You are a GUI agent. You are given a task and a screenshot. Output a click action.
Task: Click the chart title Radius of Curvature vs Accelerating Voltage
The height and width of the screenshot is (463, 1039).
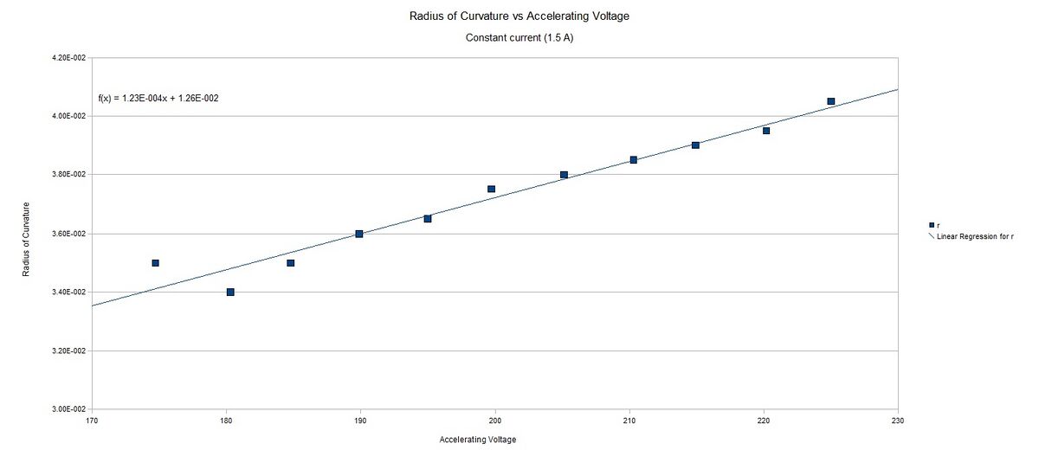(x=519, y=16)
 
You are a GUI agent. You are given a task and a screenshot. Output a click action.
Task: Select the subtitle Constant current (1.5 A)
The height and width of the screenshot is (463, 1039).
(x=519, y=38)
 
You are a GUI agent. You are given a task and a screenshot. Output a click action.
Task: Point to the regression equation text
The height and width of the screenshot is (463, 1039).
(x=158, y=98)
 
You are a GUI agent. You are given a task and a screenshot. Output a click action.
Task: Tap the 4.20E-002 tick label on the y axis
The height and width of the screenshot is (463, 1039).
(x=69, y=58)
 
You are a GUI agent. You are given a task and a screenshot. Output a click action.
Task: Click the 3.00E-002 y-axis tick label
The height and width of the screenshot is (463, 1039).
(x=69, y=409)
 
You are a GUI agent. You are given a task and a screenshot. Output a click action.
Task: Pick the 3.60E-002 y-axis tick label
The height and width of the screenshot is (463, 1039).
(x=69, y=234)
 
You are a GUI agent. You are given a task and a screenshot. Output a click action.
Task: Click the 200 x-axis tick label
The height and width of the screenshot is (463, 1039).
(x=495, y=421)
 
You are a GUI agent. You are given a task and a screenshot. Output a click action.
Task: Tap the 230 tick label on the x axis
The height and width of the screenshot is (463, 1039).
(x=898, y=421)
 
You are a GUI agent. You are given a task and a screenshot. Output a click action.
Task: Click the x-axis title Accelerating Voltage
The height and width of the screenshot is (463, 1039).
(x=478, y=440)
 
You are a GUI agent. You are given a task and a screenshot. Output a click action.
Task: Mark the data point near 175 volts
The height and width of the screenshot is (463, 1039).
(x=156, y=262)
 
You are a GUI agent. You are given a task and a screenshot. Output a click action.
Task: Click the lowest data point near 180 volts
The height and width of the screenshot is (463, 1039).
(x=230, y=292)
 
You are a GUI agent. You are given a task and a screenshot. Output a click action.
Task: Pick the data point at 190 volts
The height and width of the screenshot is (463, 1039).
(x=359, y=234)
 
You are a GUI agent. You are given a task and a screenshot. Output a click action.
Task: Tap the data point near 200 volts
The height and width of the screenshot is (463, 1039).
(x=491, y=189)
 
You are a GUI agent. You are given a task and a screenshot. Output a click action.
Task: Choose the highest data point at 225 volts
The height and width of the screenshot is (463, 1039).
(x=830, y=101)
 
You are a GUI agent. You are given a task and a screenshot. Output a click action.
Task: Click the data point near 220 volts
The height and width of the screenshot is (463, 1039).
(x=766, y=131)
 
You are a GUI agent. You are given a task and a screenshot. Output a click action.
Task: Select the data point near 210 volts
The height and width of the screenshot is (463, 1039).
(x=634, y=160)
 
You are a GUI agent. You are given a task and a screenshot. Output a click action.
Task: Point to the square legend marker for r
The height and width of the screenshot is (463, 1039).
(x=932, y=225)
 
